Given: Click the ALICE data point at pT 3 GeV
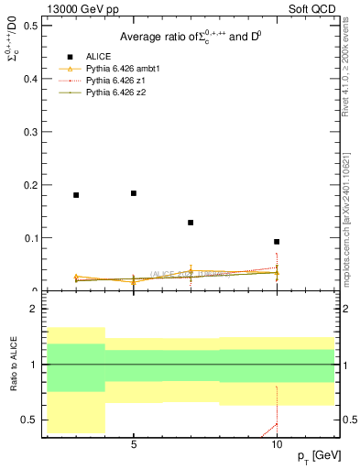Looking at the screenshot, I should pos(76,195).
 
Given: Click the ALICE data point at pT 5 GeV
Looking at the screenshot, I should pos(134,193).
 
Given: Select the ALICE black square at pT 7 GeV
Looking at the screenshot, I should pos(191,223).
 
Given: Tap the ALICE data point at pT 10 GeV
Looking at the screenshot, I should pos(277,242).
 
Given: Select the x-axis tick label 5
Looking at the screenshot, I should pos(134,445).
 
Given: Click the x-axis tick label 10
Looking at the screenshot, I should pos(277,445).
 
